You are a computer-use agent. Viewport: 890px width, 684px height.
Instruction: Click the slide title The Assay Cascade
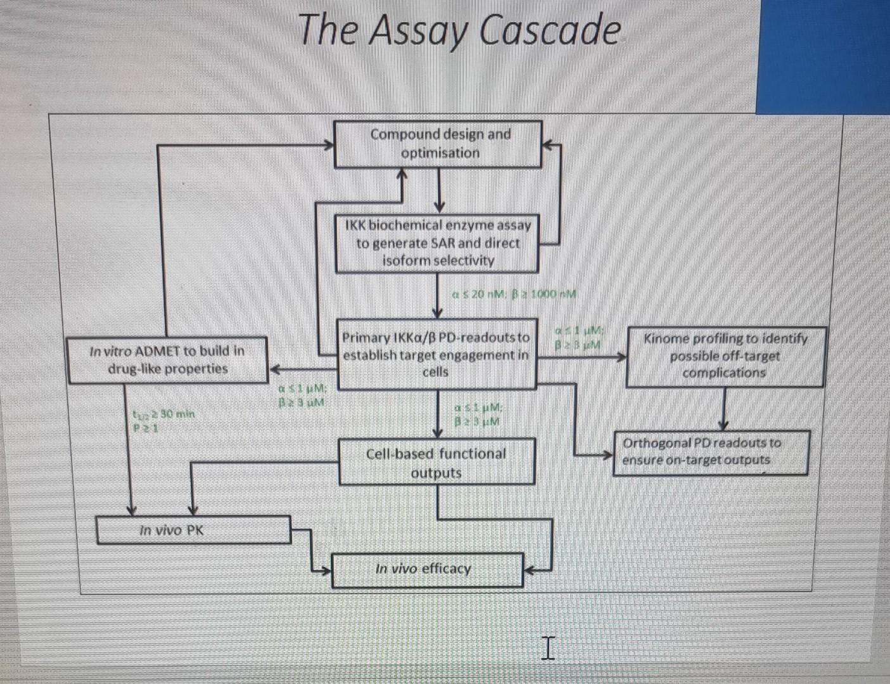click(459, 30)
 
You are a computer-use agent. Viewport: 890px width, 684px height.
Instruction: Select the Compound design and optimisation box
click(438, 144)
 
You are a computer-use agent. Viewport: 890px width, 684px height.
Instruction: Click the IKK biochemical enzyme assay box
click(437, 243)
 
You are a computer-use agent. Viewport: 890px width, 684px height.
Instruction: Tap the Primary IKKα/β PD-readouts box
click(436, 355)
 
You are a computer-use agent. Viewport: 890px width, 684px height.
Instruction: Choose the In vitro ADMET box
click(167, 360)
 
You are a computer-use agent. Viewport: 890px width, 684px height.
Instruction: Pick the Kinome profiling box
click(725, 356)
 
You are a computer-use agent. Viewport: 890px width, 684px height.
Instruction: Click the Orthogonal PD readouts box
click(710, 452)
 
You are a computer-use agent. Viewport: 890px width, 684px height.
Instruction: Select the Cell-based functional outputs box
click(436, 462)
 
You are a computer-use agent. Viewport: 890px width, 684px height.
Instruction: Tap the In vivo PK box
click(194, 530)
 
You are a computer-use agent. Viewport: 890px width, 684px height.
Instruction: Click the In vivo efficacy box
click(428, 569)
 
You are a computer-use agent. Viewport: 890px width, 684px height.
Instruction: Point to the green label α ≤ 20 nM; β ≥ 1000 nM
click(514, 294)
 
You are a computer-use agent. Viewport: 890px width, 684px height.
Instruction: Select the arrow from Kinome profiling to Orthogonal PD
click(724, 408)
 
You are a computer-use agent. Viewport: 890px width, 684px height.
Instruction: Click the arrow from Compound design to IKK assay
click(439, 190)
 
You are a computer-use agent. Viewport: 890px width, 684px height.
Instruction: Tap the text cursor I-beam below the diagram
click(548, 648)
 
